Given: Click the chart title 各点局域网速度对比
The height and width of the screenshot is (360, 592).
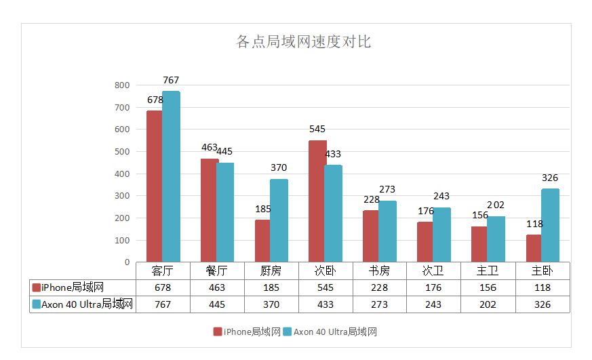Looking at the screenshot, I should click(303, 42).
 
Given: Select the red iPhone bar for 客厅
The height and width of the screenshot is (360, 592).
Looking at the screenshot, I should click(154, 186).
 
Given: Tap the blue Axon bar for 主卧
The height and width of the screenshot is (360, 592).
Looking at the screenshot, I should click(550, 225).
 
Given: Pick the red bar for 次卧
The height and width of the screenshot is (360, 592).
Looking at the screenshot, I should click(317, 201).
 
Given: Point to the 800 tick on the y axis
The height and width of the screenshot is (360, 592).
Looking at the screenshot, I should click(122, 85).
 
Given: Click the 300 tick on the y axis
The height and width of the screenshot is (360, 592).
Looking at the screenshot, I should click(122, 196).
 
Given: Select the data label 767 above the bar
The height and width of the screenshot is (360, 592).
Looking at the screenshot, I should click(171, 80).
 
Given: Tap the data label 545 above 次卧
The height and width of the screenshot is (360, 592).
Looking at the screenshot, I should click(317, 129).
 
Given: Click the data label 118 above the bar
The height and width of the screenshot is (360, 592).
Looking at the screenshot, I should click(534, 224).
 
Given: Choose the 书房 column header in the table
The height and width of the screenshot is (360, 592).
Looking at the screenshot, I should click(379, 271).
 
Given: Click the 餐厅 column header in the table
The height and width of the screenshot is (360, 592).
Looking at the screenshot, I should click(217, 271).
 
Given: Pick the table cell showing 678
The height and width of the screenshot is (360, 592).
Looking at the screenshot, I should click(163, 287).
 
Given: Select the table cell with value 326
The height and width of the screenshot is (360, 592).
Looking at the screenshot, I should click(542, 304).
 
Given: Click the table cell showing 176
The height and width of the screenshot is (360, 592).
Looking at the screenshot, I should click(433, 287).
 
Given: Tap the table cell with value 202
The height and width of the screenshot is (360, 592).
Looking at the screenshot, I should click(488, 304).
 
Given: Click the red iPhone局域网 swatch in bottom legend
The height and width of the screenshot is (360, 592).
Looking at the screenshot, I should click(218, 332).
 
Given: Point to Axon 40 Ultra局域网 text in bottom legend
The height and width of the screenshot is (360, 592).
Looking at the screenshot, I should click(335, 332).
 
